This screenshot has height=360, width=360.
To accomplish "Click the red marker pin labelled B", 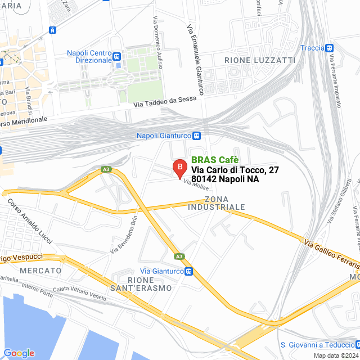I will tap(179, 168).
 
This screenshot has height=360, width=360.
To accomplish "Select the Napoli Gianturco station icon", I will tap(196, 136).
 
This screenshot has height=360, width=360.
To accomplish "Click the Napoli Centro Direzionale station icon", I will tap(116, 56).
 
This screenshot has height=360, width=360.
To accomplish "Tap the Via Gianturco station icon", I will tap(190, 255).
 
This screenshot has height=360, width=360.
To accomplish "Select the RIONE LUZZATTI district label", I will tap(251, 60).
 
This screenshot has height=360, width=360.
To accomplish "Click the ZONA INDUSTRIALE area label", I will tap(224, 203).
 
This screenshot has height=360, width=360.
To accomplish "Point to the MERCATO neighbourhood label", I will tap(40, 271).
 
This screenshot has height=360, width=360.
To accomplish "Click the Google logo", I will tap(18, 353).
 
